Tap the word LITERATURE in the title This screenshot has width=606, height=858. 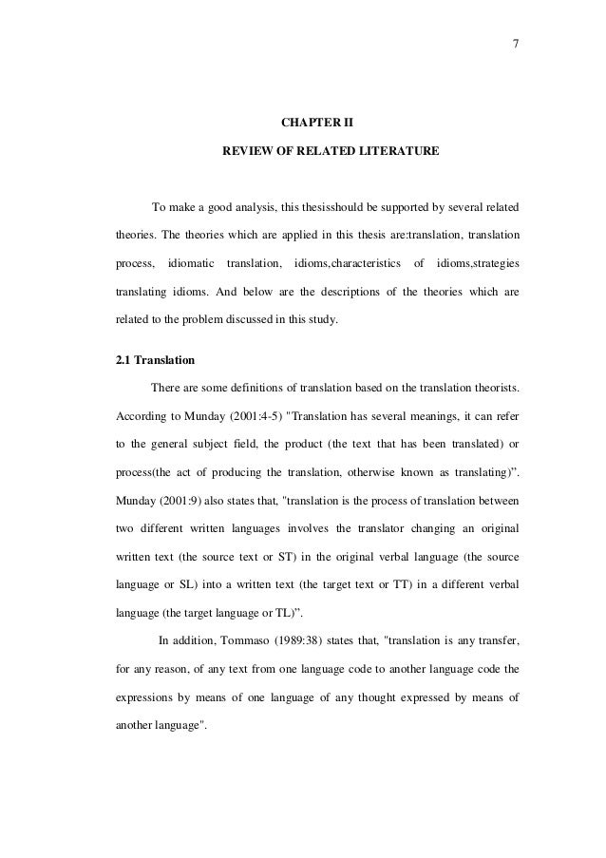pyautogui.click(x=398, y=151)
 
